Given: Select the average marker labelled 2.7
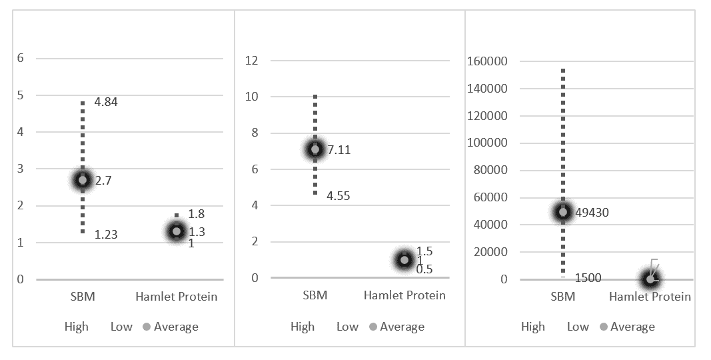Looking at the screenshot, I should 83,180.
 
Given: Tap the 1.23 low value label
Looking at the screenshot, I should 106,235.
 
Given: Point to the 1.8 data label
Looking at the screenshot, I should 196,214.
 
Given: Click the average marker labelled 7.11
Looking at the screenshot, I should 315,149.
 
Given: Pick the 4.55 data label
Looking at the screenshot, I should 338,196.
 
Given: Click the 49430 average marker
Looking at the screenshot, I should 563,212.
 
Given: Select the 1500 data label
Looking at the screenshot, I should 587,278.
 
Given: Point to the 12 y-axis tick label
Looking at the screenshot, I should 251,61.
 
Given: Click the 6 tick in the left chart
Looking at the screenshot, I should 21,58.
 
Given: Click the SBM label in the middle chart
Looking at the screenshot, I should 315,295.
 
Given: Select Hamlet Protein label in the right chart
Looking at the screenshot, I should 650,297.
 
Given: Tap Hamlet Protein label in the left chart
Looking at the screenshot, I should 177,297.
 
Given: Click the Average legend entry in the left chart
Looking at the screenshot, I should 171,327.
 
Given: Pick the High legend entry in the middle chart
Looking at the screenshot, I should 303,327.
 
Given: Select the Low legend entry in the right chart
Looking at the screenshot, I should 578,327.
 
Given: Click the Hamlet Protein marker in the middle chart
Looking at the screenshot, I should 404,260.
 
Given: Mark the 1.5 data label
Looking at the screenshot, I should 424,251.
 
